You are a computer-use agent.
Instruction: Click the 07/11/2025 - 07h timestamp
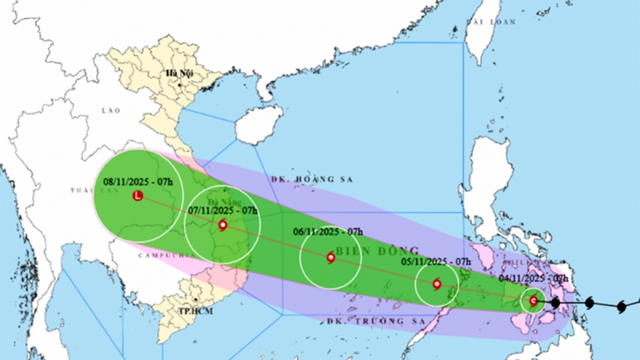click(x=223, y=210)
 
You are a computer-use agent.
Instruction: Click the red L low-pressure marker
click(x=137, y=196)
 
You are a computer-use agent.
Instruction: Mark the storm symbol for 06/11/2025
click(x=331, y=257)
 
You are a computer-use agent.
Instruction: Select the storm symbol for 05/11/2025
click(x=436, y=284)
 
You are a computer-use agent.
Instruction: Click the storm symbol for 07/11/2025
click(x=222, y=225)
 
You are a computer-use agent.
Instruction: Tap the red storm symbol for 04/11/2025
click(x=534, y=300)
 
